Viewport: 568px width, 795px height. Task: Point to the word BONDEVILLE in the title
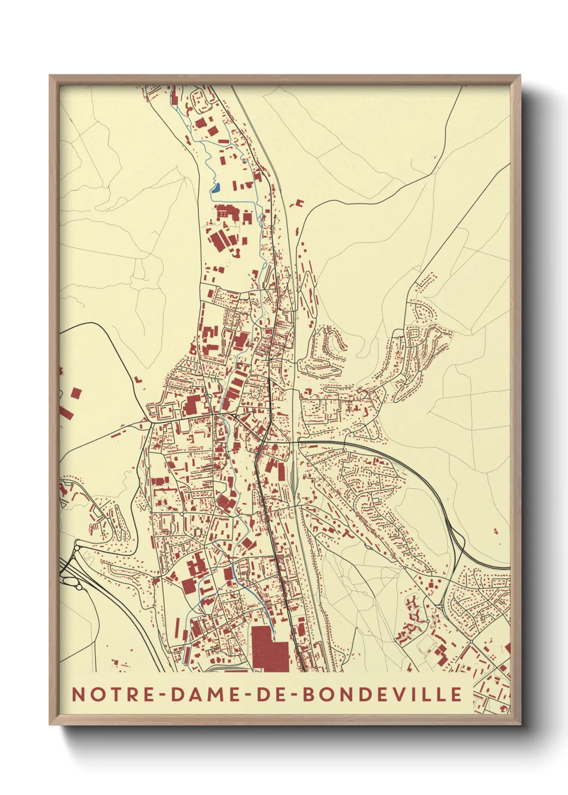[382, 694]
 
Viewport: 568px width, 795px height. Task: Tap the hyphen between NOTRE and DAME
[159, 695]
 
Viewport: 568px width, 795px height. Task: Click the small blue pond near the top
[216, 188]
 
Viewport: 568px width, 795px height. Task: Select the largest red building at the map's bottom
[270, 649]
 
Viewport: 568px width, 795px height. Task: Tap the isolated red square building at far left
[76, 393]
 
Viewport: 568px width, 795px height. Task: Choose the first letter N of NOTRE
[78, 694]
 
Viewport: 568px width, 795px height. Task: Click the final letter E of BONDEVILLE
[456, 694]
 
